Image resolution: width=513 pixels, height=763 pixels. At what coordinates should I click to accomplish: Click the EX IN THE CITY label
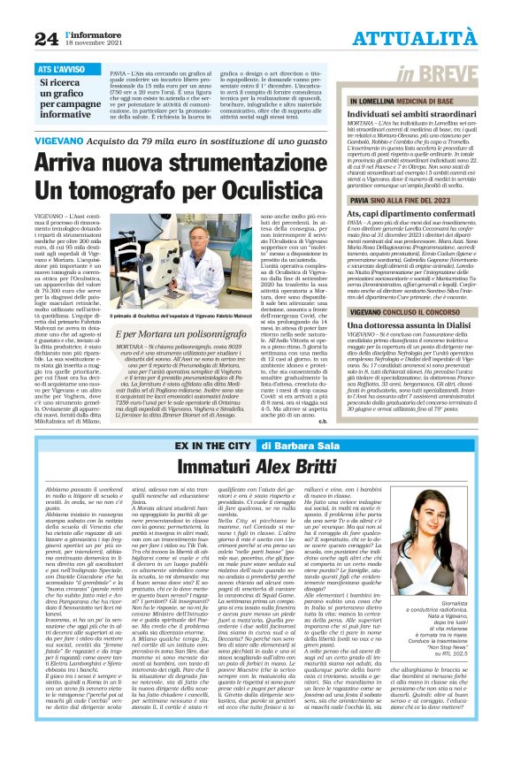tap(211, 445)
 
